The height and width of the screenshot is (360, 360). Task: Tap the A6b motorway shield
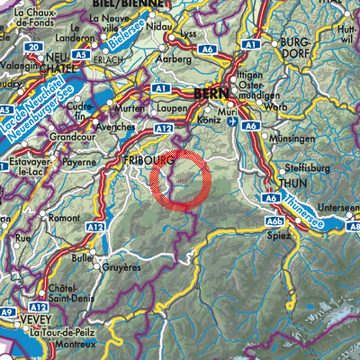[x=272, y=220]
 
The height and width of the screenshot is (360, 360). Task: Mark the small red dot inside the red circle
[x=181, y=181]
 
